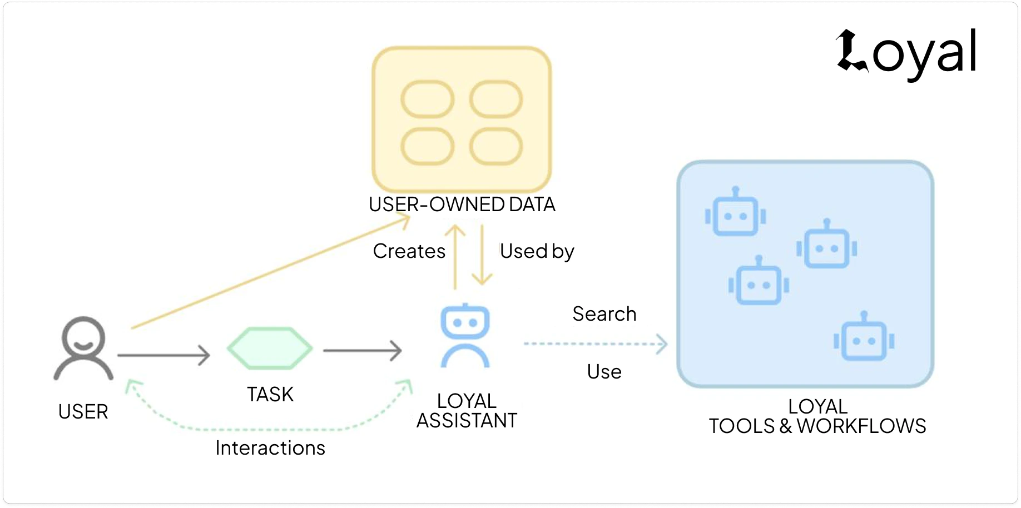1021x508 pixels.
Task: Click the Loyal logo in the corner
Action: pyautogui.click(x=906, y=53)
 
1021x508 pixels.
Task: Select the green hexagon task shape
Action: pyautogui.click(x=270, y=348)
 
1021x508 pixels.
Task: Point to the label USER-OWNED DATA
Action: pyautogui.click(x=462, y=205)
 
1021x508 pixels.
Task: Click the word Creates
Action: pyautogui.click(x=409, y=251)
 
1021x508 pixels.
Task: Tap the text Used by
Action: pyautogui.click(x=537, y=251)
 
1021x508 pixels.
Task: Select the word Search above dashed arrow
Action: pyautogui.click(x=604, y=314)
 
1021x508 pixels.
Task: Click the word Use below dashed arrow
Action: pyautogui.click(x=604, y=371)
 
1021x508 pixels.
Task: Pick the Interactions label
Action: pyautogui.click(x=270, y=448)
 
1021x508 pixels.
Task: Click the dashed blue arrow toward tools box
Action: pyautogui.click(x=595, y=344)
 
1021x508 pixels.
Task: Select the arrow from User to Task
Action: pyautogui.click(x=163, y=355)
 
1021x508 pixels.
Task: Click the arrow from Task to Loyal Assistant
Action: pyautogui.click(x=362, y=351)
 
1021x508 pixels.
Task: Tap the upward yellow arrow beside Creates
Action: pyautogui.click(x=455, y=256)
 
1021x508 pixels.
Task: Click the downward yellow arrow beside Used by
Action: pyautogui.click(x=482, y=256)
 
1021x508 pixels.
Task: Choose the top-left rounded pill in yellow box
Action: pyautogui.click(x=427, y=99)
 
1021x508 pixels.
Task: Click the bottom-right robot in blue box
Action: pyautogui.click(x=864, y=337)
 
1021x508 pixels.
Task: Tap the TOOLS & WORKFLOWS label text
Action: pyautogui.click(x=817, y=426)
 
